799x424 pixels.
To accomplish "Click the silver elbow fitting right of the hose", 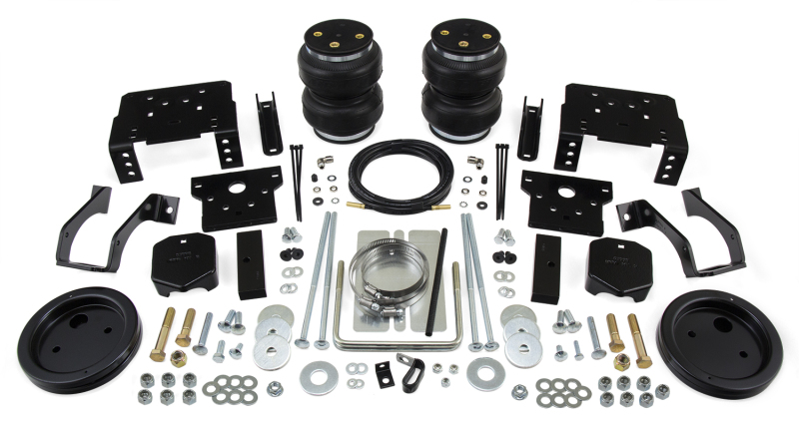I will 473,157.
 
